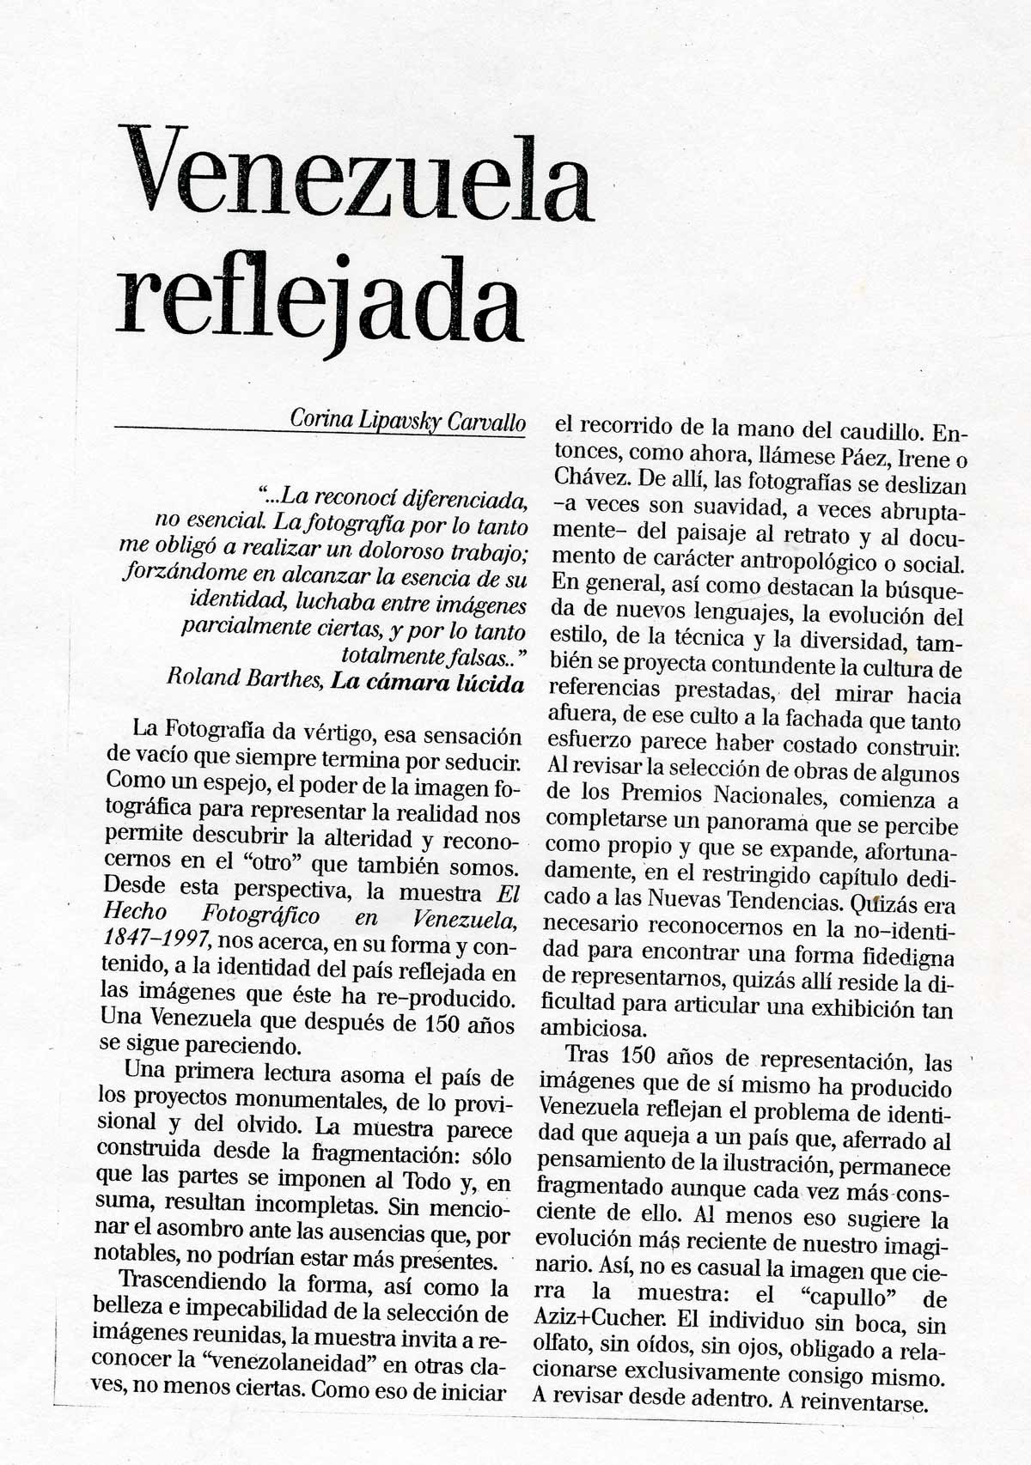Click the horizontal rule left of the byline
tap(198, 427)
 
